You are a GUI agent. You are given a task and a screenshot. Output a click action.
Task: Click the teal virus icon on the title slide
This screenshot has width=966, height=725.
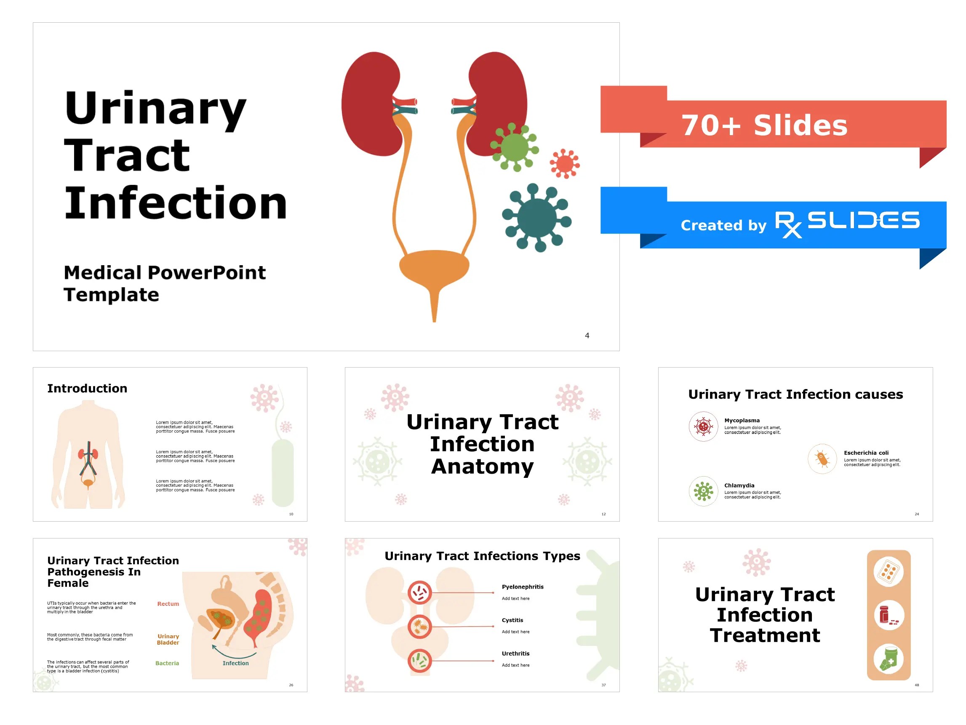coord(537,218)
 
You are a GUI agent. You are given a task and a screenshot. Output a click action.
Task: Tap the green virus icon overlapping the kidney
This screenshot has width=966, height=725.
coord(514,147)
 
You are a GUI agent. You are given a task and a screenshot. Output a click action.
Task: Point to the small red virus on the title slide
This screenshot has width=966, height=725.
coord(564,164)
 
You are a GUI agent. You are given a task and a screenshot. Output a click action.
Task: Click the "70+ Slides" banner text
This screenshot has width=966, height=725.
coord(764,125)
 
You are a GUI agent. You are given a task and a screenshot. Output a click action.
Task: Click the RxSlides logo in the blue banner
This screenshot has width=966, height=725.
coord(847,222)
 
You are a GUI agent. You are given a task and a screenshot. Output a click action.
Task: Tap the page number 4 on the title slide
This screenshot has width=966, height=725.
coord(587,336)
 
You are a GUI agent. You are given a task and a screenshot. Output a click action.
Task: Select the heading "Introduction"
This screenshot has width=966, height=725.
coord(87,388)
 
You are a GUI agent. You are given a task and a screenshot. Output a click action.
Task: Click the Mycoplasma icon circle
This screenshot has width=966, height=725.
coord(703,426)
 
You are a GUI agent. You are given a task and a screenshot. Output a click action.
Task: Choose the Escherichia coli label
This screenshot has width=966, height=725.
coord(866,453)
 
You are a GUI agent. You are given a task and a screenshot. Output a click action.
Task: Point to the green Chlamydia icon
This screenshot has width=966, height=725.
coord(703,491)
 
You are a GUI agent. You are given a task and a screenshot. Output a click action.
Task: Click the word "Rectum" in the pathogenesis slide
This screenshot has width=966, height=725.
coord(168,604)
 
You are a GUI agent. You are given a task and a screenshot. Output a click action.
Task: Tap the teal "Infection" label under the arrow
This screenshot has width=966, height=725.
coord(235,663)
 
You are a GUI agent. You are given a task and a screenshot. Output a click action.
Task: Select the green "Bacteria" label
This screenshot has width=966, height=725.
coord(167,663)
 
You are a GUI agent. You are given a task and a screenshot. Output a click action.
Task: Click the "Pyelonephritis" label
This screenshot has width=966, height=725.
coord(522,586)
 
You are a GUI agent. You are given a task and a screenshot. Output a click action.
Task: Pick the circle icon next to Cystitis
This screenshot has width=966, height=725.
coord(420,626)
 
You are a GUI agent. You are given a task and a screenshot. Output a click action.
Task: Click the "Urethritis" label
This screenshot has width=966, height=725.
coord(515,653)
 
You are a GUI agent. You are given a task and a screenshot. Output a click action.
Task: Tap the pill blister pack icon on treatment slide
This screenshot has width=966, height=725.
coord(888,571)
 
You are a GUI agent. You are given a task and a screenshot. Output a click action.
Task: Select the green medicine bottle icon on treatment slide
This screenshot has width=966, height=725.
coord(888,659)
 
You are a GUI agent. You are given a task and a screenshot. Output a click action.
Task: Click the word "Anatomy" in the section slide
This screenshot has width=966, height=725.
coord(482,466)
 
